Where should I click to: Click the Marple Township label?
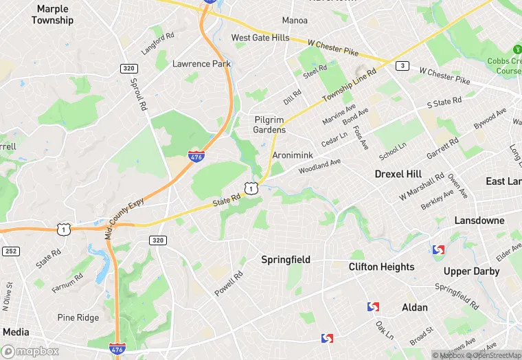pyautogui.click(x=52, y=14)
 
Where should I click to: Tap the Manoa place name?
pyautogui.click(x=295, y=20)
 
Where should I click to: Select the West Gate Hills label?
pyautogui.click(x=260, y=38)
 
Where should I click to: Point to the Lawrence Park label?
pyautogui.click(x=201, y=64)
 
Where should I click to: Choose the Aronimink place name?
pyautogui.click(x=293, y=156)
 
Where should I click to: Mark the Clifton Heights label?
pyautogui.click(x=381, y=267)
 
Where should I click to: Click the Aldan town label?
pyautogui.click(x=415, y=307)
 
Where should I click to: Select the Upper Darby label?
pyautogui.click(x=471, y=271)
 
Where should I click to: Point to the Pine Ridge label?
pyautogui.click(x=78, y=317)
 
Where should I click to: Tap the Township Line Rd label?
pyautogui.click(x=352, y=87)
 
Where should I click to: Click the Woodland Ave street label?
pyautogui.click(x=320, y=166)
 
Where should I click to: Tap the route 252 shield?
pyautogui.click(x=10, y=252)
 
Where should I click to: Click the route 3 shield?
pyautogui.click(x=402, y=66)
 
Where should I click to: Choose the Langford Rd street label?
pyautogui.click(x=158, y=43)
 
